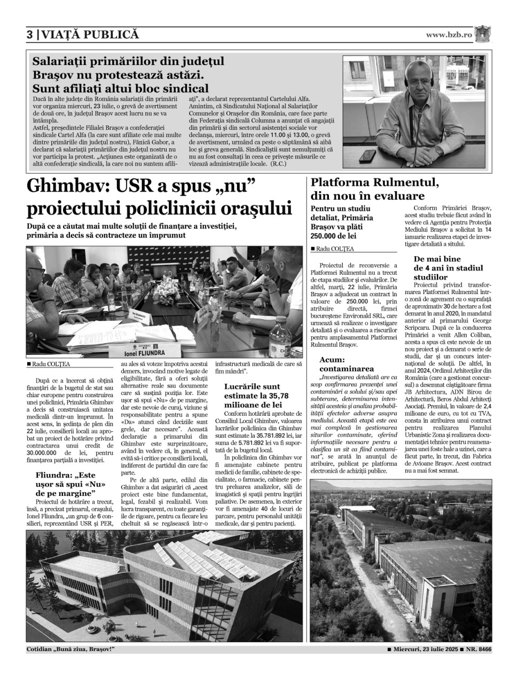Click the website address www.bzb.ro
(x=449, y=35)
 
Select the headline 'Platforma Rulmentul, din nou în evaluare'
(x=375, y=189)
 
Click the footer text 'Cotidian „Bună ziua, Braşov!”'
(x=70, y=649)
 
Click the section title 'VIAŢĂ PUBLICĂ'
(x=90, y=35)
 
